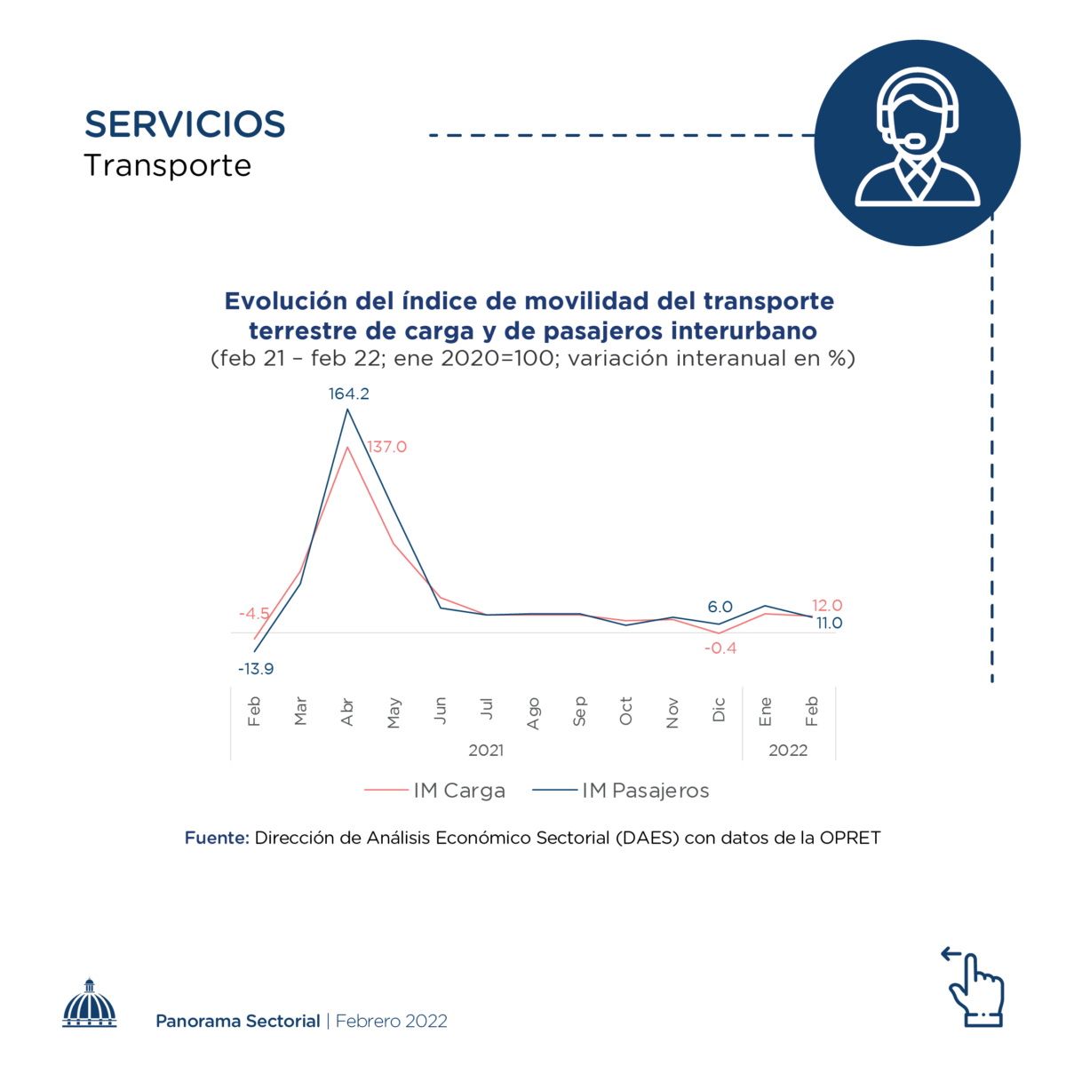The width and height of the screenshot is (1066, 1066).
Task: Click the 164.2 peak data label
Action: point(348,394)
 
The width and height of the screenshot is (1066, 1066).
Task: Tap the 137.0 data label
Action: point(387,447)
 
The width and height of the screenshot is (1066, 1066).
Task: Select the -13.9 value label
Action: point(256,669)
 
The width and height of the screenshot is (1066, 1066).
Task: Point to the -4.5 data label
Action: point(254,614)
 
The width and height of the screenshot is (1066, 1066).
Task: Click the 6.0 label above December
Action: point(720,607)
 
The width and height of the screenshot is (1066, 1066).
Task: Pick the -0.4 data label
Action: point(720,648)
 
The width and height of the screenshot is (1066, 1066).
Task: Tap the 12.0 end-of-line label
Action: point(827,605)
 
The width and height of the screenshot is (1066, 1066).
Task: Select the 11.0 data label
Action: point(829,623)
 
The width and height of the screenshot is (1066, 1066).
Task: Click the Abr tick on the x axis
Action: point(347,712)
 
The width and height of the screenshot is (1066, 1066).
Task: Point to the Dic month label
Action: point(720,709)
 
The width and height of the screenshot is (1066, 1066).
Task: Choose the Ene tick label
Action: point(766,711)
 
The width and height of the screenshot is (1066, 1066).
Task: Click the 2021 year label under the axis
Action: point(486,751)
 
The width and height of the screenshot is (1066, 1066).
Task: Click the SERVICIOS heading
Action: point(185,124)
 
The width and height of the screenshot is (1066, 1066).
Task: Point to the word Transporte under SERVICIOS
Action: point(168,166)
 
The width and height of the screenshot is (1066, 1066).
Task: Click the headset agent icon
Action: point(917,142)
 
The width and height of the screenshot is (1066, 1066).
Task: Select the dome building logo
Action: point(90,1005)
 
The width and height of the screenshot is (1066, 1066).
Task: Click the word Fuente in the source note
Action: point(217,838)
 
